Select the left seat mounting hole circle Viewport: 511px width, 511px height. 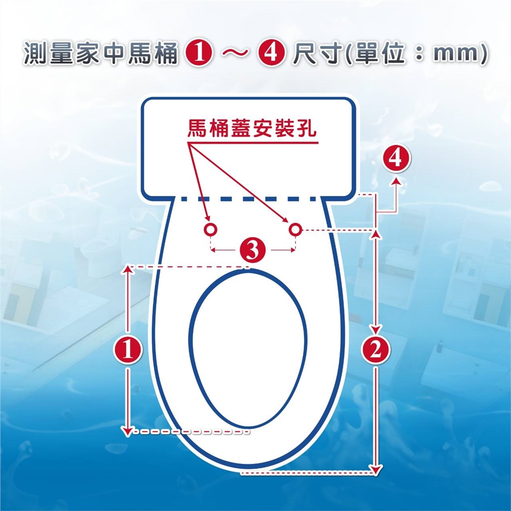211,229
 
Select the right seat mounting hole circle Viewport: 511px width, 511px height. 295,229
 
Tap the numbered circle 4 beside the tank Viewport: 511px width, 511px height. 396,159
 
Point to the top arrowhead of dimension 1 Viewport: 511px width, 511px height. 128,269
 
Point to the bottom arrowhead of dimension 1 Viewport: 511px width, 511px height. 128,430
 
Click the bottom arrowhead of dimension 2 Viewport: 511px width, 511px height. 376,469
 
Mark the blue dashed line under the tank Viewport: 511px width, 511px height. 249,199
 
